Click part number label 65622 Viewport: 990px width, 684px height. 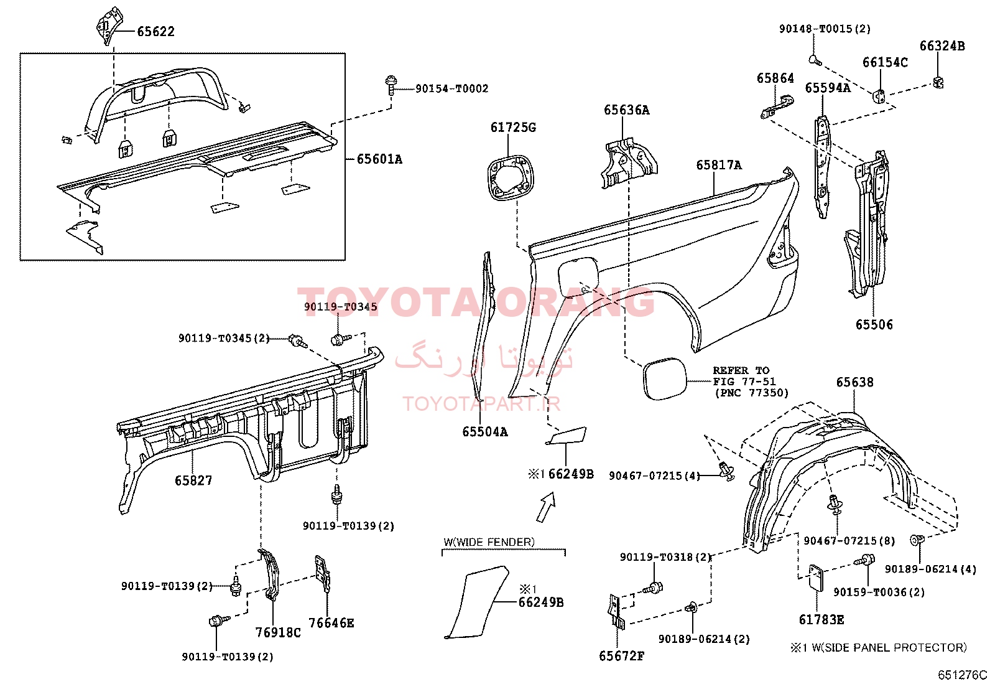[x=155, y=32]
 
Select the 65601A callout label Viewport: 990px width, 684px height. [x=379, y=159]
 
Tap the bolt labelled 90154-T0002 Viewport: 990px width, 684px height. [x=391, y=85]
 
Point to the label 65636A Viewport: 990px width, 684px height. [x=626, y=110]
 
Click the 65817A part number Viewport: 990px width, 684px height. [x=719, y=165]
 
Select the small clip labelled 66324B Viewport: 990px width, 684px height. [x=939, y=82]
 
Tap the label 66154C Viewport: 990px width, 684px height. [x=885, y=62]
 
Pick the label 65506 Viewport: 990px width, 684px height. [x=874, y=324]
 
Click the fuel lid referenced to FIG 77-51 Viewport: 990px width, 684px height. [x=664, y=379]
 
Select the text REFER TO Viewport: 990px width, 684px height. [x=741, y=370]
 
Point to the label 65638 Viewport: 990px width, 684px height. [x=854, y=382]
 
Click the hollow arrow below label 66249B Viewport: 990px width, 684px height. [x=545, y=507]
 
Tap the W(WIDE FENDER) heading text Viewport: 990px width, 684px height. [x=489, y=542]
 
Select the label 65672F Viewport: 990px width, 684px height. [x=621, y=656]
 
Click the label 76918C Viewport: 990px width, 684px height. [x=278, y=632]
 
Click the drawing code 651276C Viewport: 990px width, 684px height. [x=963, y=675]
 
